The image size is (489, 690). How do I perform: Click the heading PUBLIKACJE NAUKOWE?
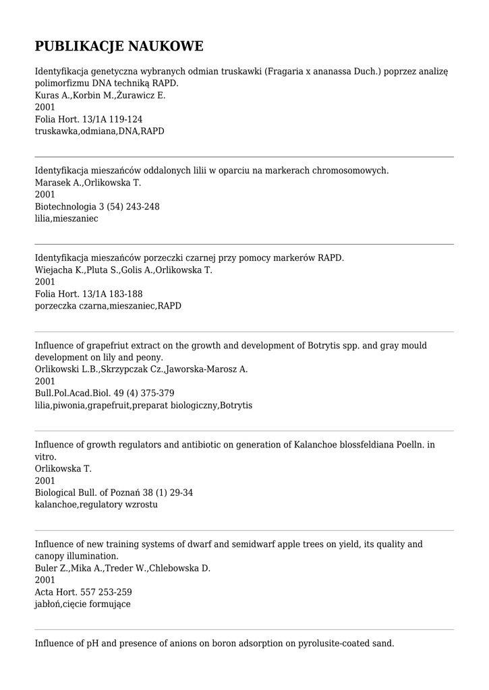(119, 46)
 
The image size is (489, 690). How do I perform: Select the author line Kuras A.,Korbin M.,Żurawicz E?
(100, 96)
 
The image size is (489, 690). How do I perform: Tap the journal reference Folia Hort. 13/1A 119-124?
(88, 119)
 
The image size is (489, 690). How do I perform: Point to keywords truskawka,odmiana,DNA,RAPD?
(99, 131)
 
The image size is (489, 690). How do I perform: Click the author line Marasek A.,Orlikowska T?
(88, 183)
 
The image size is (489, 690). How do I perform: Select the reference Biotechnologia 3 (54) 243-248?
(97, 207)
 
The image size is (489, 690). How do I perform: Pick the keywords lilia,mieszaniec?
(66, 218)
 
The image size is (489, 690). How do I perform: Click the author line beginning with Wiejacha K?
(123, 270)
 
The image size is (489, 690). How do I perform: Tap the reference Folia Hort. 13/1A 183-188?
(88, 294)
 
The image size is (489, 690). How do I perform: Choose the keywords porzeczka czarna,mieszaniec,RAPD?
(108, 306)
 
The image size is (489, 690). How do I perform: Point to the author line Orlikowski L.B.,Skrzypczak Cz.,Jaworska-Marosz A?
(141, 369)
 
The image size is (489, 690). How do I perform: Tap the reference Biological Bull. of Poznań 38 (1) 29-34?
(114, 493)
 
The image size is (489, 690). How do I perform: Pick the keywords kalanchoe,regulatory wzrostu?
(96, 505)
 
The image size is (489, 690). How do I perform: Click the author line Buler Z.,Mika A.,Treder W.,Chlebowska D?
(123, 568)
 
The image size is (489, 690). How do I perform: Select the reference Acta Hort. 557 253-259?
(84, 592)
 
